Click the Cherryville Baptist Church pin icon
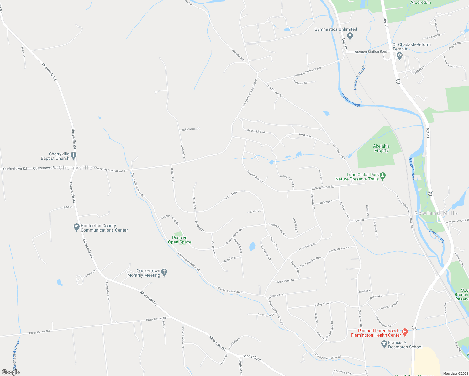click(x=73, y=155)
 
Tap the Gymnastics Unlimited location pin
click(x=350, y=36)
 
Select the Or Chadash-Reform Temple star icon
click(x=399, y=56)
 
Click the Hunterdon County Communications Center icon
click(x=76, y=227)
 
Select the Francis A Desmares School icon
click(x=384, y=344)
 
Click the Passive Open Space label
click(x=180, y=240)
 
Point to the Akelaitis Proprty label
click(x=381, y=148)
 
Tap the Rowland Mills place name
click(x=436, y=213)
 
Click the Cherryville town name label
click(x=76, y=168)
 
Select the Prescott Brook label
click(x=359, y=78)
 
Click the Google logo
click(x=11, y=372)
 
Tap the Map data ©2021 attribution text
click(x=455, y=373)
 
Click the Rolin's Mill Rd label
click(x=256, y=131)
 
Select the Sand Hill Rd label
click(x=251, y=358)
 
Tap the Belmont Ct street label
click(x=188, y=129)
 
